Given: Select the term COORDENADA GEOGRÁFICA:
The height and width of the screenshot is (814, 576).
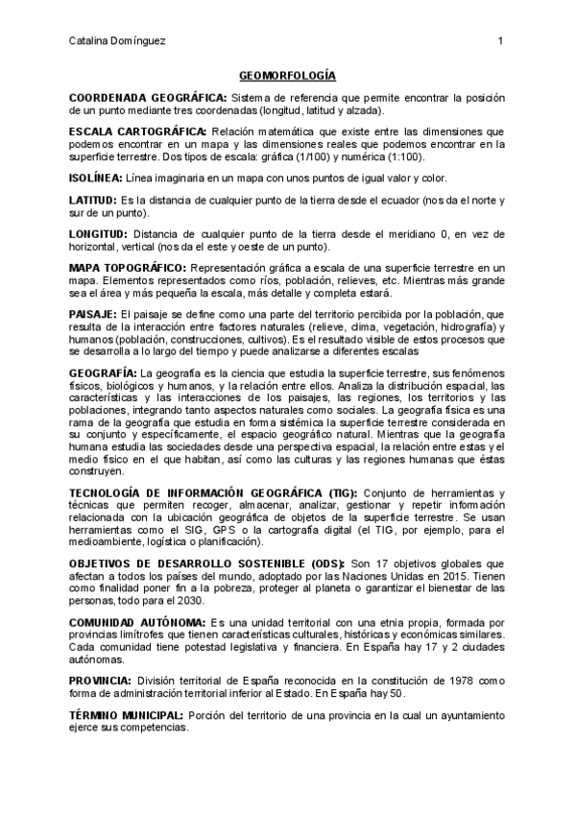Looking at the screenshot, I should click(148, 98).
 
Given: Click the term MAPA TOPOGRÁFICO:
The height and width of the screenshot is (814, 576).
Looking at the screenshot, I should click(129, 266).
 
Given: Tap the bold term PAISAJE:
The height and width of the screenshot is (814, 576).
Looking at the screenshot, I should click(92, 314).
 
